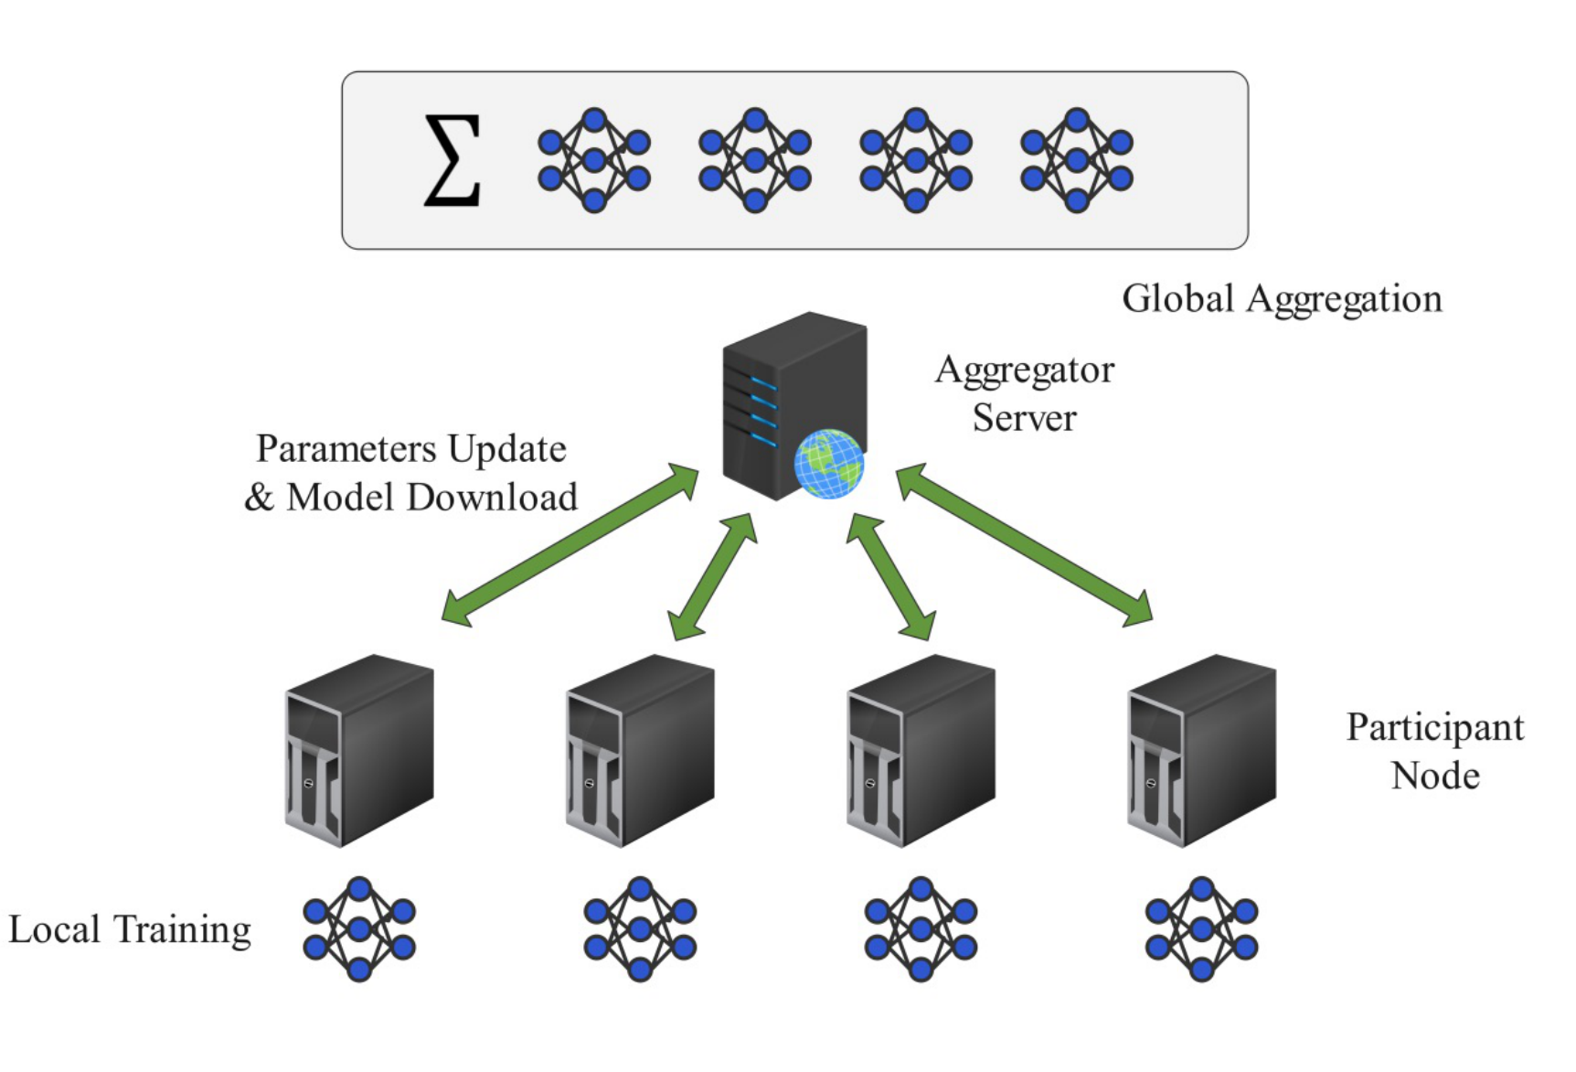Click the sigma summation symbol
(453, 159)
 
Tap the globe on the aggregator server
(828, 464)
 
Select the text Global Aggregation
(1282, 299)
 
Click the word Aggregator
(1025, 370)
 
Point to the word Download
(492, 498)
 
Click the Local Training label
(130, 929)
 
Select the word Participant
(1434, 728)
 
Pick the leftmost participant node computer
(359, 750)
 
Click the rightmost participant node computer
(1201, 750)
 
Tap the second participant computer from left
(640, 750)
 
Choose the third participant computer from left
(921, 750)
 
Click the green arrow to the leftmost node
(570, 545)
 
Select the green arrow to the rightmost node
(1024, 545)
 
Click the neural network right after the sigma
(594, 160)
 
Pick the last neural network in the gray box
(1077, 160)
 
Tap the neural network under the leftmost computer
(359, 929)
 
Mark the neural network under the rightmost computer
(1201, 929)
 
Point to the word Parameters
(346, 449)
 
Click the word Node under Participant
(1434, 777)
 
